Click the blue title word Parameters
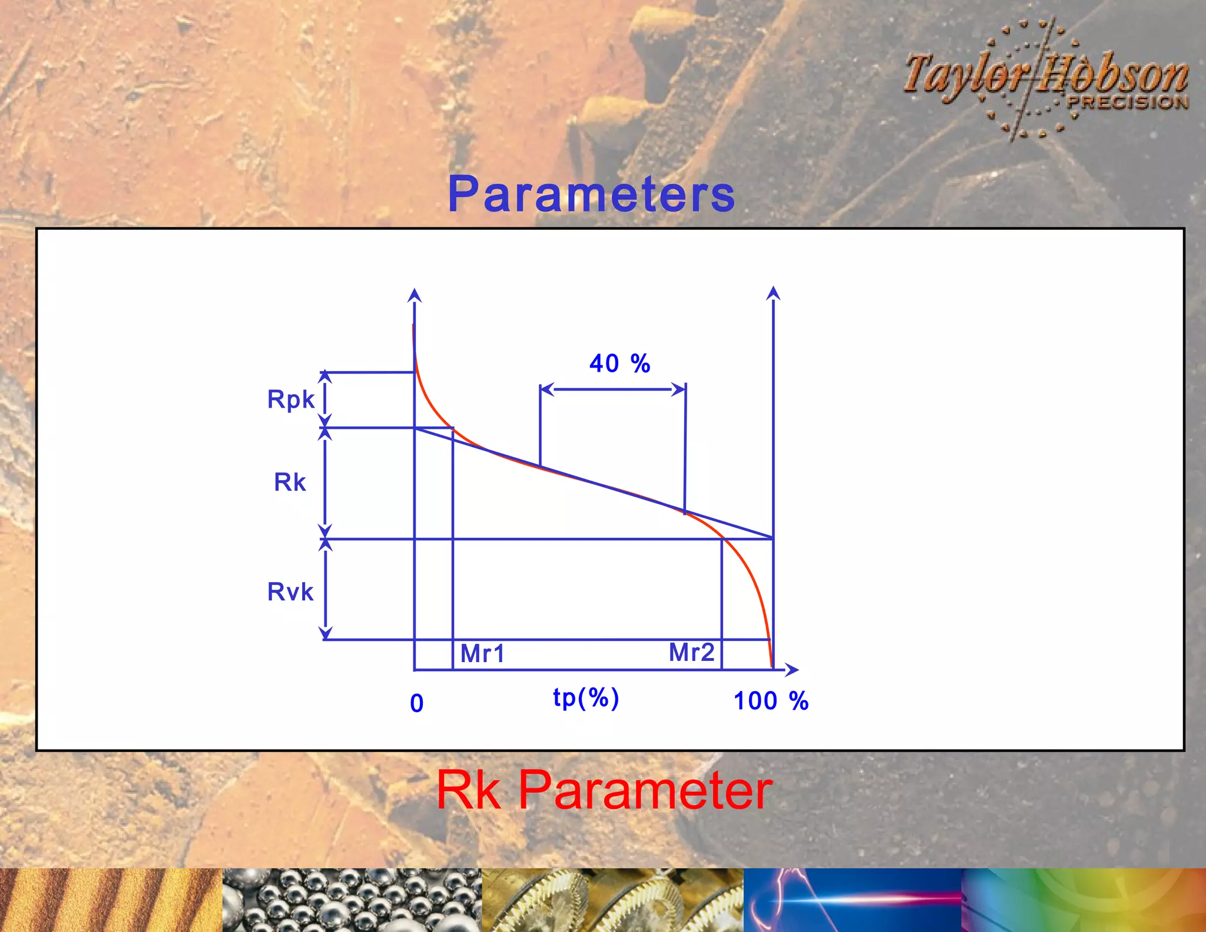tap(591, 194)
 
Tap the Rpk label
tap(291, 399)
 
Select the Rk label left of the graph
tap(290, 482)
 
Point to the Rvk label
tap(290, 591)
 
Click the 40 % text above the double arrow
tap(619, 363)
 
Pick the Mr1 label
tap(482, 653)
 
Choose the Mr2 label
tap(691, 652)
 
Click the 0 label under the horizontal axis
tap(416, 703)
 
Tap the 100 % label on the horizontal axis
tap(771, 701)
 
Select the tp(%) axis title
tap(586, 698)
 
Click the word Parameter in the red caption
tap(645, 791)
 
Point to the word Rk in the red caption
tap(468, 791)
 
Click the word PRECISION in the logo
tap(1128, 102)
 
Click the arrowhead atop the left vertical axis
tap(415, 295)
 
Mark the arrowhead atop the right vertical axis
tap(773, 292)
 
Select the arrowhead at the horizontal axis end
tap(793, 670)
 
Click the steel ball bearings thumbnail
tap(352, 900)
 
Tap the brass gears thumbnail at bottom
tap(612, 900)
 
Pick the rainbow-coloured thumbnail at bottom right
tap(1084, 900)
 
